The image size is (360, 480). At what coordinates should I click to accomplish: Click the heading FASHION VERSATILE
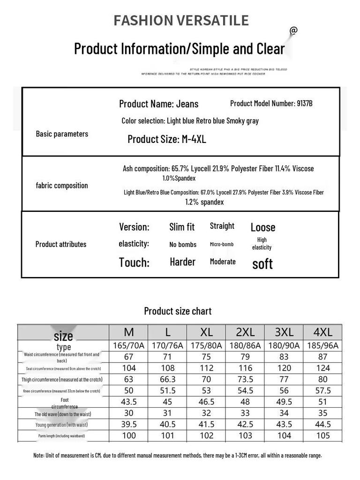pyautogui.click(x=181, y=21)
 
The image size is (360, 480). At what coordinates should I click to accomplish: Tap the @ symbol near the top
pyautogui.click(x=293, y=30)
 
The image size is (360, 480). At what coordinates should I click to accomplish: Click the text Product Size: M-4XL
pyautogui.click(x=167, y=139)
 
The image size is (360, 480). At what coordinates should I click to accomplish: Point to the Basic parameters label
pyautogui.click(x=62, y=134)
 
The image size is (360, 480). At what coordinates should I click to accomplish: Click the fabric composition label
pyautogui.click(x=62, y=186)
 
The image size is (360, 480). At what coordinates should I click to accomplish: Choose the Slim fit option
pyautogui.click(x=182, y=227)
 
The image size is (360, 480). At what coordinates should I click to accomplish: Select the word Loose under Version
pyautogui.click(x=263, y=228)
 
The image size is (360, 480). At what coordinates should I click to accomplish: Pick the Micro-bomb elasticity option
pyautogui.click(x=222, y=244)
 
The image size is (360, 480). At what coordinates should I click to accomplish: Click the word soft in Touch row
pyautogui.click(x=262, y=264)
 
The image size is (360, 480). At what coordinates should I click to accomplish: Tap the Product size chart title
pyautogui.click(x=178, y=311)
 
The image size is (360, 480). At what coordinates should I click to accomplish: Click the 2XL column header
pyautogui.click(x=245, y=332)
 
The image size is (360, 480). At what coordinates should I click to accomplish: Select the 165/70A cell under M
pyautogui.click(x=129, y=346)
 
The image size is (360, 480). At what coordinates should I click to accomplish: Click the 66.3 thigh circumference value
pyautogui.click(x=168, y=379)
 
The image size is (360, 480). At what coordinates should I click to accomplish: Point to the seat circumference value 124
pyautogui.click(x=323, y=368)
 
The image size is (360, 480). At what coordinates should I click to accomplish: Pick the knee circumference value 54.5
pyautogui.click(x=245, y=390)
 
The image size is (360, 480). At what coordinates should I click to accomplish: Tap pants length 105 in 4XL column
pyautogui.click(x=323, y=435)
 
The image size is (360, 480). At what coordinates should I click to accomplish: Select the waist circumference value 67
pyautogui.click(x=129, y=357)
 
